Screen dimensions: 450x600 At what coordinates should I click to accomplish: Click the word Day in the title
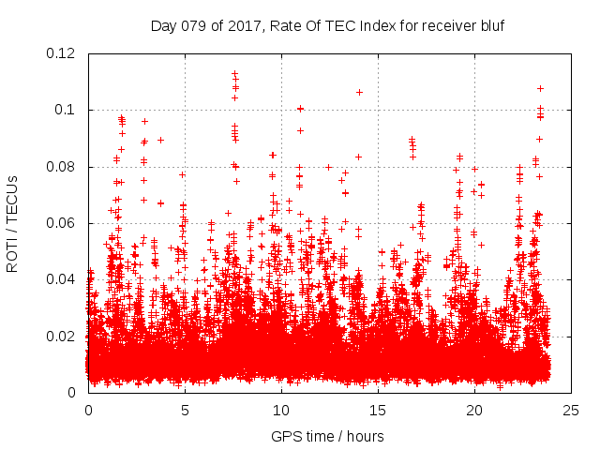pyautogui.click(x=164, y=26)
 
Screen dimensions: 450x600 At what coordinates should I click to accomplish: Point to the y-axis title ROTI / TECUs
pyautogui.click(x=12, y=223)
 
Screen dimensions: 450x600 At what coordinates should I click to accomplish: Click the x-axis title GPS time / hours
pyautogui.click(x=327, y=437)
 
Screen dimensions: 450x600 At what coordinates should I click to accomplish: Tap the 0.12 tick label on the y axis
pyautogui.click(x=63, y=53)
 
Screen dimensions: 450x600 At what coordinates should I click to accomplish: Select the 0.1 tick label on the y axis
pyautogui.click(x=68, y=110)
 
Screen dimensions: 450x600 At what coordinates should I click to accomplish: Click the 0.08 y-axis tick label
pyautogui.click(x=63, y=167)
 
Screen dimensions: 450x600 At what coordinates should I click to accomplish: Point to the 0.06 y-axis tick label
pyautogui.click(x=63, y=223)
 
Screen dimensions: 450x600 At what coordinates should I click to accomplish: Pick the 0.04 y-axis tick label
pyautogui.click(x=63, y=279)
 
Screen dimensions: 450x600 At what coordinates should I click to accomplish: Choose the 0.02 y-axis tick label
pyautogui.click(x=63, y=336)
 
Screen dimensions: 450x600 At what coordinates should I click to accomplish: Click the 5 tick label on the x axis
pyautogui.click(x=185, y=410)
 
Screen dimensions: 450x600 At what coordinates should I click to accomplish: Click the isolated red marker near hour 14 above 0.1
pyautogui.click(x=359, y=92)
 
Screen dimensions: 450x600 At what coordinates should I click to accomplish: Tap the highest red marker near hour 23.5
pyautogui.click(x=540, y=88)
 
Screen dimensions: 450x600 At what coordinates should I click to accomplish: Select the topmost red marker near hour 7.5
pyautogui.click(x=234, y=72)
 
